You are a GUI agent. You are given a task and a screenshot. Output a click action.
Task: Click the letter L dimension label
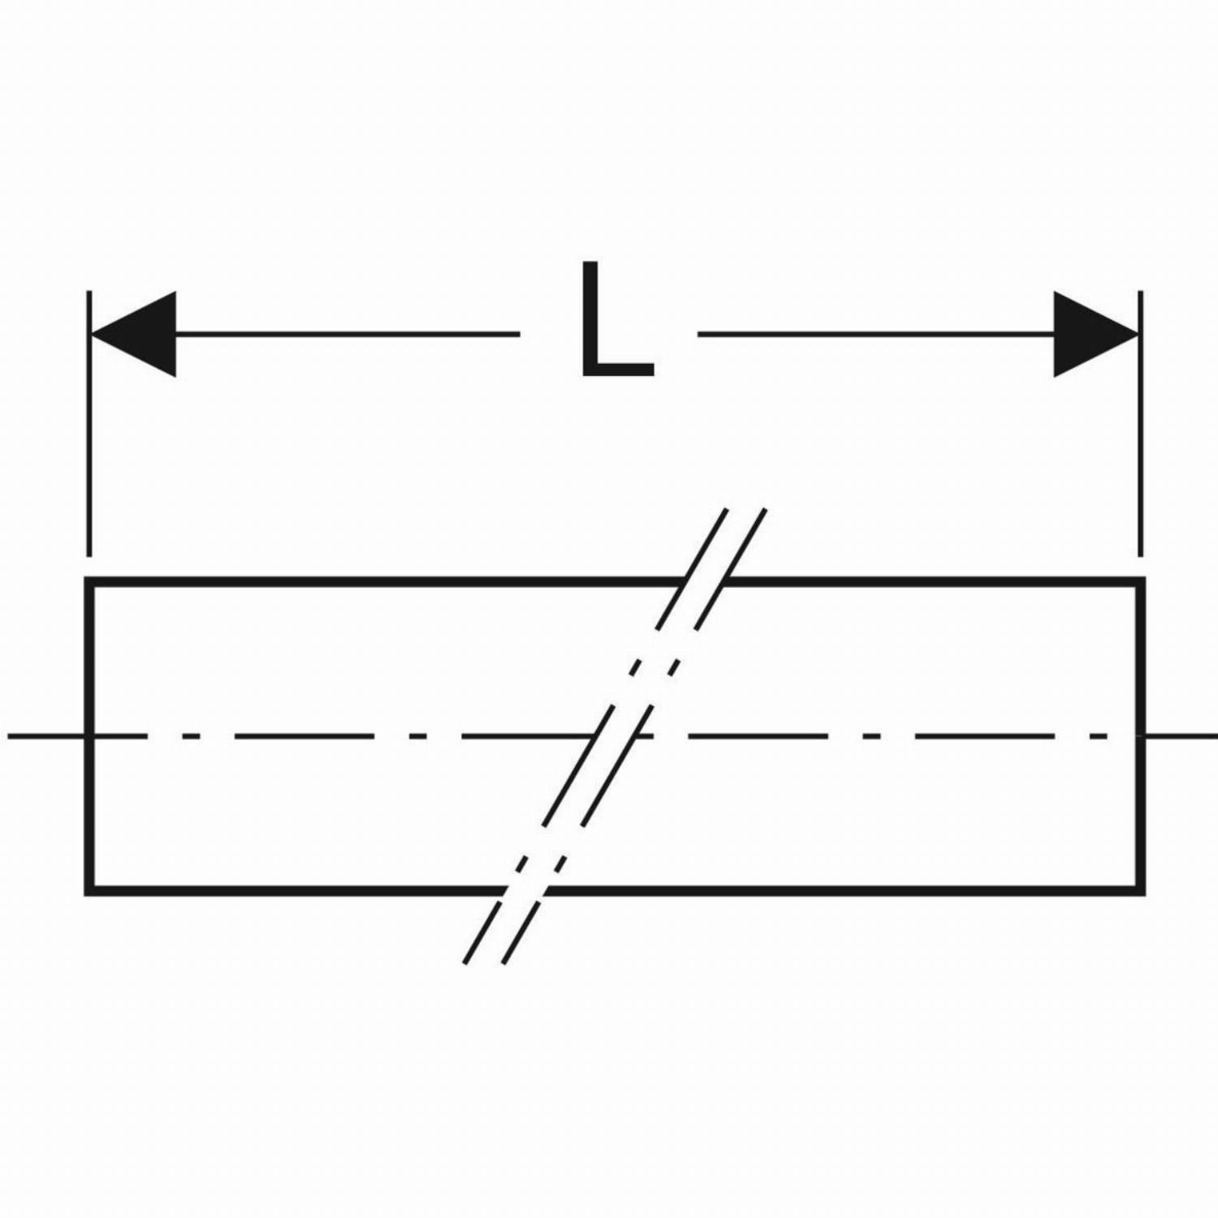[x=617, y=320]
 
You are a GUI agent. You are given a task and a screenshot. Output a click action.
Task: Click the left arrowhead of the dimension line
[x=133, y=334]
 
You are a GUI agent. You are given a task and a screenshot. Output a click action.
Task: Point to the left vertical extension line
[x=89, y=423]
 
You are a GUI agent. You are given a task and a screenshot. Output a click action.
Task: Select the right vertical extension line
[x=1141, y=423]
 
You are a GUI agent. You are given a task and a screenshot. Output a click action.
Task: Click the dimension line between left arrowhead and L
[x=348, y=334]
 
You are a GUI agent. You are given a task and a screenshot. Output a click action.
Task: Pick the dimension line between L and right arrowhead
[x=876, y=334]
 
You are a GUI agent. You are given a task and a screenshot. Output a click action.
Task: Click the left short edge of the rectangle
[x=89, y=736]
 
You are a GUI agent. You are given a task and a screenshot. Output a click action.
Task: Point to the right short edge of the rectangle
[x=1142, y=736]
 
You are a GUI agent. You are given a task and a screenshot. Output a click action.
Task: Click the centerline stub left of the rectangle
[x=46, y=736]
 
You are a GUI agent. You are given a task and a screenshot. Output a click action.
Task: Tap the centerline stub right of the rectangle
[x=1182, y=736]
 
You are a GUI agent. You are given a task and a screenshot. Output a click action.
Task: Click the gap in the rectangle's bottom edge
[x=521, y=891]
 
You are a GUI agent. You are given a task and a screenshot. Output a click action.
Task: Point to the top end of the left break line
[x=726, y=510]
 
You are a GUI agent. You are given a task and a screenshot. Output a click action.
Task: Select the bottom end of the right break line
[x=504, y=963]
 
